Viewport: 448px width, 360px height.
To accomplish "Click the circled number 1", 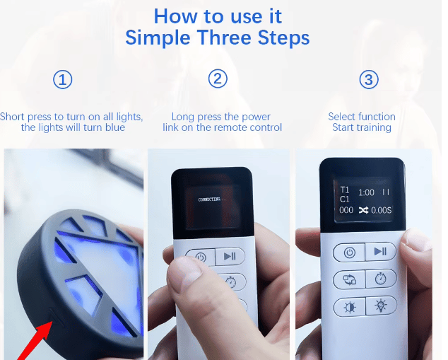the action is [x=63, y=79].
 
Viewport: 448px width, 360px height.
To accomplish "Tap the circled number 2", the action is [x=218, y=79].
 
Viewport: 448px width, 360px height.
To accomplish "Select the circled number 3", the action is [x=369, y=79].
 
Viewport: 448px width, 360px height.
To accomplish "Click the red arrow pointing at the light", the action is [x=35, y=341].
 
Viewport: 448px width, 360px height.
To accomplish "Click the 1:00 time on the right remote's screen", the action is [x=366, y=192].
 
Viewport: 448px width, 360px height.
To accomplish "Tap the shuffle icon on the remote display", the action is [x=363, y=211].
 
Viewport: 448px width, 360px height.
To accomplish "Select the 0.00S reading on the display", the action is [x=381, y=211].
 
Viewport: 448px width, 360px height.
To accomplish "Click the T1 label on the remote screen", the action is [x=345, y=190].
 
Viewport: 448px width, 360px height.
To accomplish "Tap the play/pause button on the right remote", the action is [x=381, y=251].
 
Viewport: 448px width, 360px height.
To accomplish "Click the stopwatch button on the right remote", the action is [x=381, y=279].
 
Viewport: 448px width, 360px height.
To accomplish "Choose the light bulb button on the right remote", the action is [x=381, y=306].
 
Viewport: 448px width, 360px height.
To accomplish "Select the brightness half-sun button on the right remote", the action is [x=350, y=308].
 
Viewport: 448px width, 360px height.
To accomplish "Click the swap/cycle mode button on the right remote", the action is [x=350, y=280].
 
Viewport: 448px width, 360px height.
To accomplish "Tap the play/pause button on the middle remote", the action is [x=230, y=256].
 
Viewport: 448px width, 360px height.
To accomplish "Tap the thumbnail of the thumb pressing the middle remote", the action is [x=218, y=254].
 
